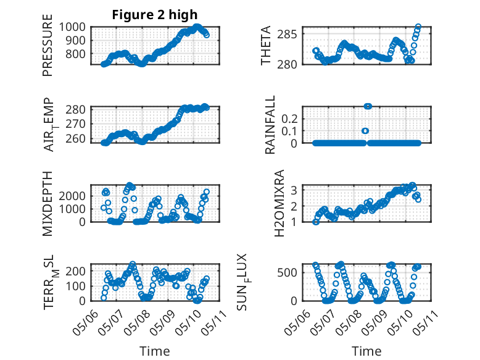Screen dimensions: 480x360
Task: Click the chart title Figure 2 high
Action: coord(155,15)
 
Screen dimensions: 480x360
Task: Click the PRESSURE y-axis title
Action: coord(48,45)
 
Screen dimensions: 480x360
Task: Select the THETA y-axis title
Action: coord(266,45)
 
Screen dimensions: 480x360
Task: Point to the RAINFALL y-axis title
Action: coord(270,125)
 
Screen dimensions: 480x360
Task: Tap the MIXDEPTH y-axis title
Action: coord(48,203)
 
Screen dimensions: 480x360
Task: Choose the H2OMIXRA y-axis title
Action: coord(279,203)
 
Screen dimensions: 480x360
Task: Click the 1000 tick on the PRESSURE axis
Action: coord(72,27)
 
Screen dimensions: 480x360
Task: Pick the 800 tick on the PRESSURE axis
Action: coord(75,54)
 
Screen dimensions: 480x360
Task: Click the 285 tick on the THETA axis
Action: coord(287,34)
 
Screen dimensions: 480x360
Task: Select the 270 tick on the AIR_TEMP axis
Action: coord(75,124)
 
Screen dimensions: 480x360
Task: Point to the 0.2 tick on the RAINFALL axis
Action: coord(289,119)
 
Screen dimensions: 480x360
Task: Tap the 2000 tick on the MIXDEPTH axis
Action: coord(72,196)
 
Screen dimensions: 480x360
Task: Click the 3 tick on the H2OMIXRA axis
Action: coord(294,190)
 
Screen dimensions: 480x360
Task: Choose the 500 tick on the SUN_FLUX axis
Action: coord(287,272)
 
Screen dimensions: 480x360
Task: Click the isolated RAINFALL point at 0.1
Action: coord(365,131)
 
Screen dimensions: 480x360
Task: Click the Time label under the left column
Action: coord(155,351)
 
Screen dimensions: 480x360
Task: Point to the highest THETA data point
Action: coord(418,27)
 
